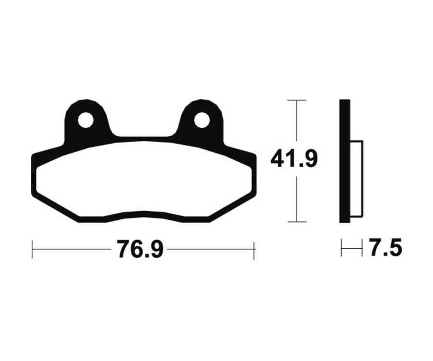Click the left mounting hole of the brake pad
click(x=86, y=120)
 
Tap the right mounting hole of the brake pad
click(x=202, y=120)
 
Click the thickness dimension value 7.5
click(x=385, y=249)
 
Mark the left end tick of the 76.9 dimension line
click(x=32, y=250)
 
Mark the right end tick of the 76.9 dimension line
click(x=254, y=250)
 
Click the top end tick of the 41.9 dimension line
click(x=296, y=100)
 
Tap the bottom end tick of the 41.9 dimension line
click(x=296, y=222)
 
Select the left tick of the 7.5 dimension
click(x=341, y=249)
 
